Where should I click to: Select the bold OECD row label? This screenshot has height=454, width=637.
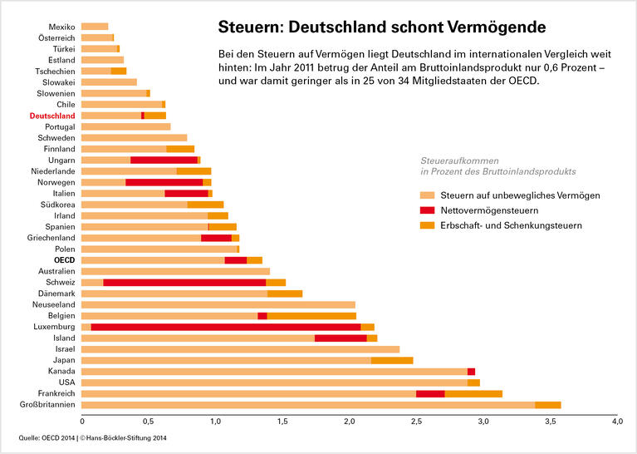pos(65,260)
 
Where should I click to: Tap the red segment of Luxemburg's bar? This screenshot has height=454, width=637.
pos(225,327)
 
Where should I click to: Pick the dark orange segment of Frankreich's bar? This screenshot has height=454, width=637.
pos(473,393)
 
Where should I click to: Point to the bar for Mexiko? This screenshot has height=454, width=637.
pos(95,27)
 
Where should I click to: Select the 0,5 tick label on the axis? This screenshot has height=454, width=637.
pos(148,422)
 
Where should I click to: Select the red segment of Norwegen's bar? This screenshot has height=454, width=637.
pos(164,182)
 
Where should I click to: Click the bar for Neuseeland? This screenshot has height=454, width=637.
pos(218,305)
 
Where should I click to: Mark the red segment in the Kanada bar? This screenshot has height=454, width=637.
pos(472,372)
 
